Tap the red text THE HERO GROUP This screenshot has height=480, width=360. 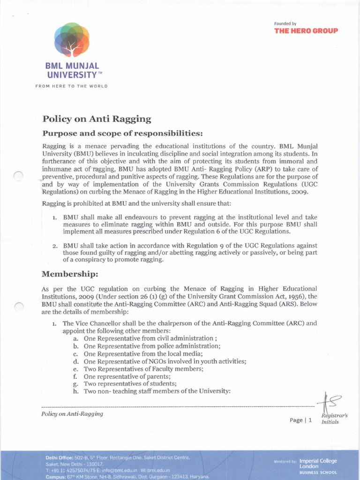[x=306, y=31]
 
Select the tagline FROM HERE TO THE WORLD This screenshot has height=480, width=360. [x=71, y=86]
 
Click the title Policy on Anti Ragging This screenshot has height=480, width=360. [x=97, y=119]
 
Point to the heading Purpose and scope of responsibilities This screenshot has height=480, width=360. [x=122, y=133]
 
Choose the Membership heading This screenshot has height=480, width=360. [x=70, y=273]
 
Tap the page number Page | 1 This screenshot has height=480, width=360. [x=300, y=420]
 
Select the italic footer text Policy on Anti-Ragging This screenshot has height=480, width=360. [x=72, y=413]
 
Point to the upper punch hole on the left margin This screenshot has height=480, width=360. [x=18, y=176]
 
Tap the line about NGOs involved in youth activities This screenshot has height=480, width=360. [x=165, y=361]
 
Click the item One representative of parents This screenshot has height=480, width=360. [x=127, y=376]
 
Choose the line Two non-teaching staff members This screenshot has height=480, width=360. [x=157, y=391]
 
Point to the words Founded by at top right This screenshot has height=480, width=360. [x=285, y=23]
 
